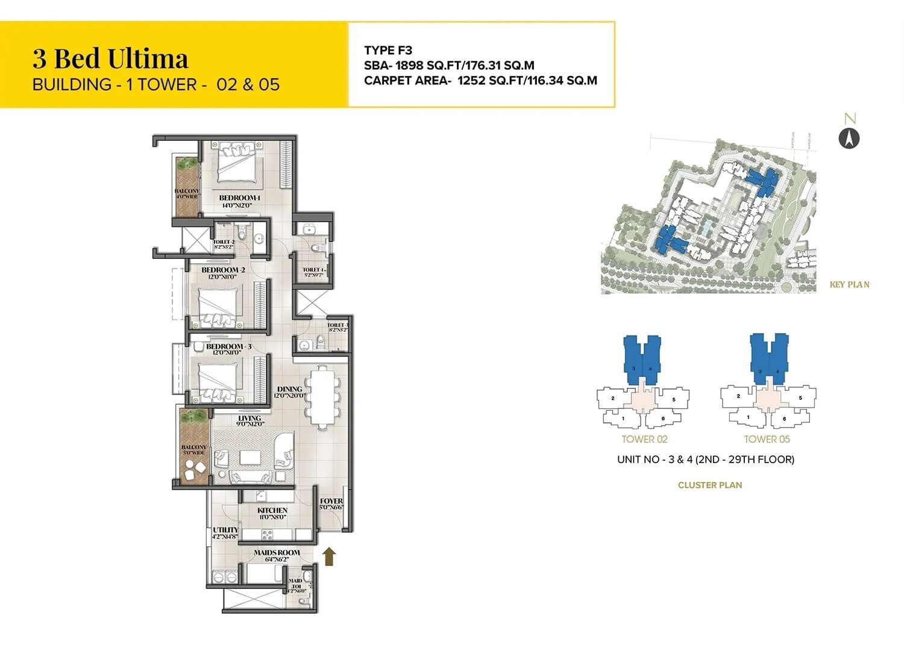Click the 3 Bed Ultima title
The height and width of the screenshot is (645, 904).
(110, 59)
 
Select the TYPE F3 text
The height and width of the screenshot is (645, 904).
(388, 51)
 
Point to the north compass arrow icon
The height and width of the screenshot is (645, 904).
(849, 139)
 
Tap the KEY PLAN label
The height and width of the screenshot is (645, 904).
(849, 285)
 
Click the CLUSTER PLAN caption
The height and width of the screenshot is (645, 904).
(709, 485)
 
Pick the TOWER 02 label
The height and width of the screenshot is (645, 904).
(644, 440)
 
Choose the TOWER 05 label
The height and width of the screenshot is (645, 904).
(767, 440)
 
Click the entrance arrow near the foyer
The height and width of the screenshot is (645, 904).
(328, 556)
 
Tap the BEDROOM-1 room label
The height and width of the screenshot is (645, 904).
(239, 198)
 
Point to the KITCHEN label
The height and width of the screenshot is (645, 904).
(272, 510)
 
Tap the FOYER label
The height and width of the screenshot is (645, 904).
(331, 501)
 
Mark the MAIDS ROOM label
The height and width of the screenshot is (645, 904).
(277, 552)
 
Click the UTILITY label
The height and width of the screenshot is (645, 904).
(225, 530)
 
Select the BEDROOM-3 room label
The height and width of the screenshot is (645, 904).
(228, 346)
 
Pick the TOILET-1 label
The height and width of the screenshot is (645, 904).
(314, 270)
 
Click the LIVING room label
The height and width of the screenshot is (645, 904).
(250, 418)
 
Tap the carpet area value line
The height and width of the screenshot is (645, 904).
(480, 81)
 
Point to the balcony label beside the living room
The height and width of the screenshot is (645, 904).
(194, 448)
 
